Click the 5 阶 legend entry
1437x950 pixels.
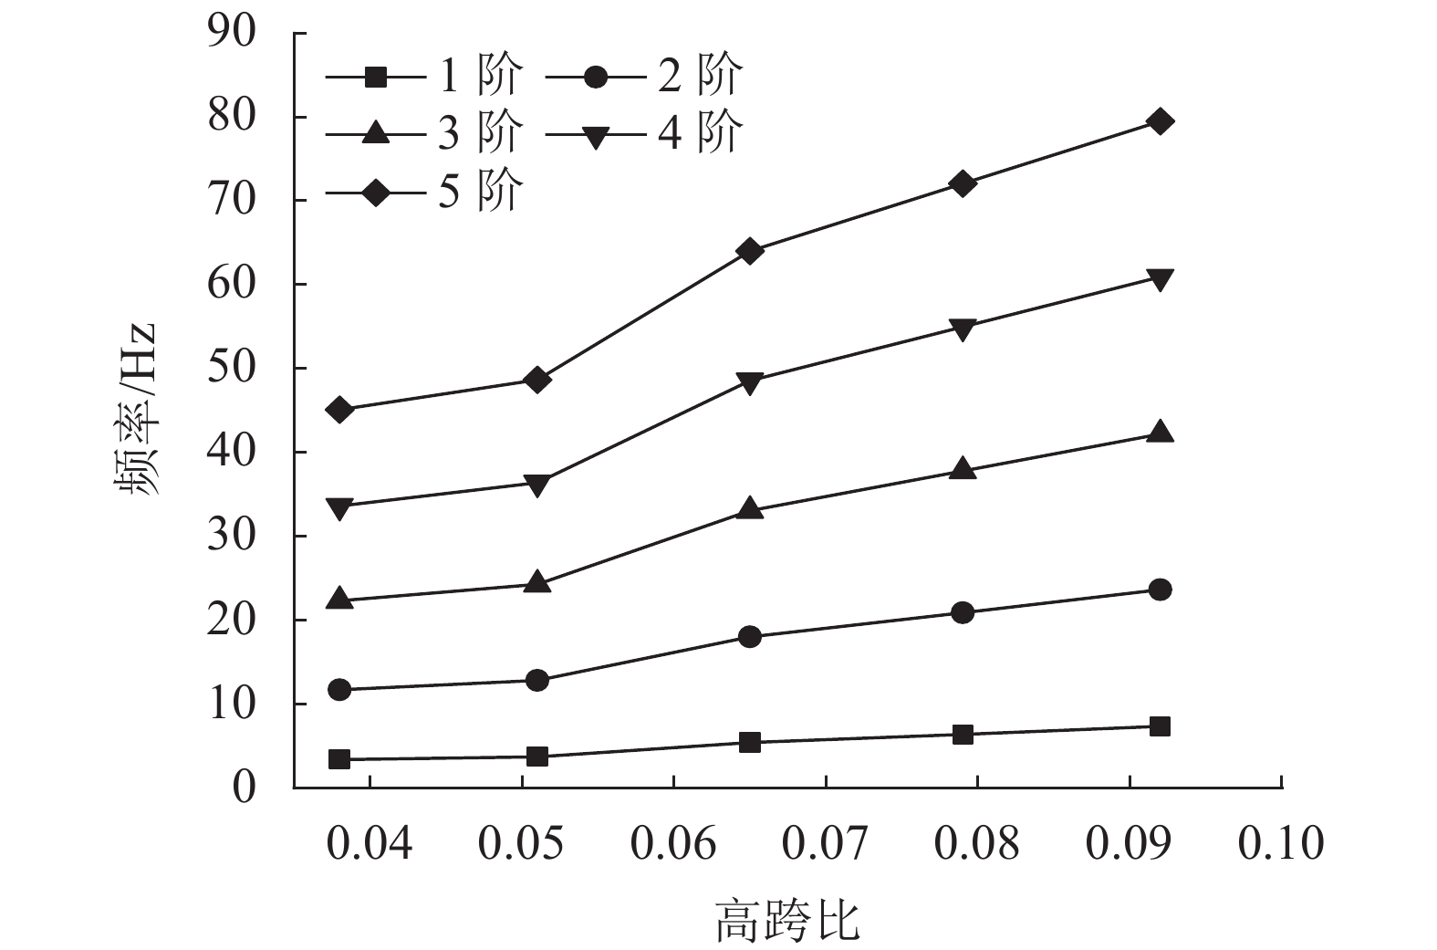pyautogui.click(x=425, y=192)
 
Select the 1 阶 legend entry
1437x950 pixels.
pyautogui.click(x=425, y=77)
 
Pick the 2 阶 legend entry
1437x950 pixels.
pyautogui.click(x=644, y=77)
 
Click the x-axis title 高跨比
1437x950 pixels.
pyautogui.click(x=786, y=920)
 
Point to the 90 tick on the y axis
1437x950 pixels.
pyautogui.click(x=233, y=33)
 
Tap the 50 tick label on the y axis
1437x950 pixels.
pyautogui.click(x=233, y=368)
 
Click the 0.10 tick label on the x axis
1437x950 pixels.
pyautogui.click(x=1280, y=844)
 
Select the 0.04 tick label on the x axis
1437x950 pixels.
pyautogui.click(x=370, y=844)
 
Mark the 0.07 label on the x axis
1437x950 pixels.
pyautogui.click(x=825, y=844)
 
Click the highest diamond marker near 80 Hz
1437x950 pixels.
pyautogui.click(x=1160, y=121)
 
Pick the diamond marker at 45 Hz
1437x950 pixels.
pyautogui.click(x=339, y=410)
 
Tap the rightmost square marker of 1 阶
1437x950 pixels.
pyautogui.click(x=1160, y=726)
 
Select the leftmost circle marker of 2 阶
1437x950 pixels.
pyautogui.click(x=339, y=689)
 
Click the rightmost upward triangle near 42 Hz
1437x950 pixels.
pyautogui.click(x=1160, y=433)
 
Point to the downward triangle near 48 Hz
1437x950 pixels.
pyautogui.click(x=750, y=382)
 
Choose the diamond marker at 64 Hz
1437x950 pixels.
pyautogui.click(x=750, y=251)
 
